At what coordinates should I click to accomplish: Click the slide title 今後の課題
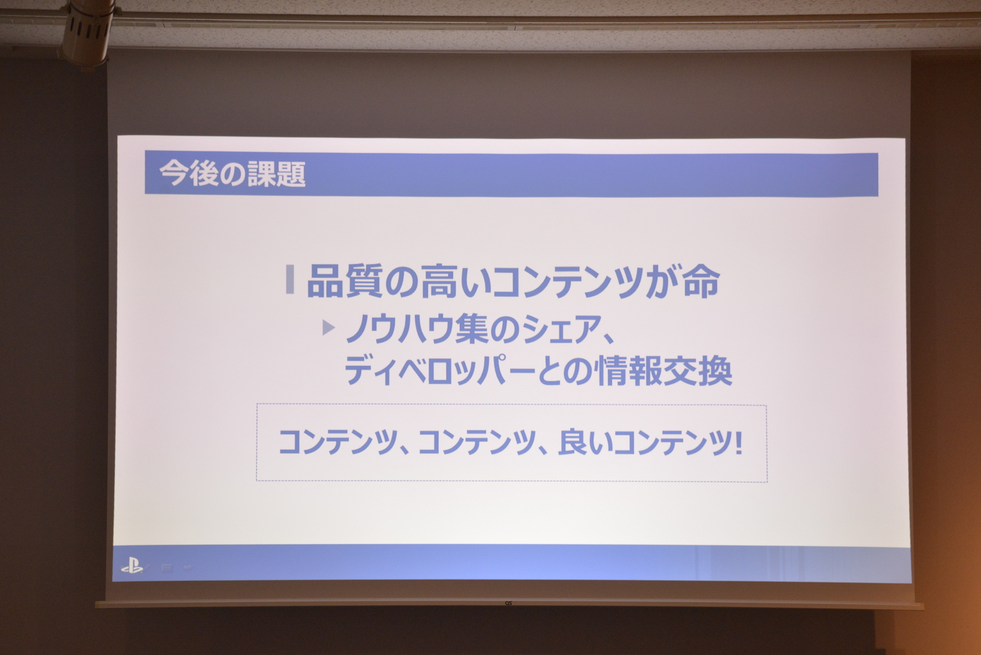tap(232, 174)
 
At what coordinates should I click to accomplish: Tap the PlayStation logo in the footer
tap(132, 565)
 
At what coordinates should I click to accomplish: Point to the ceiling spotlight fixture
tap(86, 33)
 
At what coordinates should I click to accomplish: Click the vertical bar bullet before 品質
tap(289, 279)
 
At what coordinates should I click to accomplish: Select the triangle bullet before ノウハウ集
tap(329, 327)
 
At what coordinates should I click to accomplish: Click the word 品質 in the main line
tap(345, 281)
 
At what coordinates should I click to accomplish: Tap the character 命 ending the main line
tap(701, 281)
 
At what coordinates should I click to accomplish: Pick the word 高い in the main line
tap(456, 281)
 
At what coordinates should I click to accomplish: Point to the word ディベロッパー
tap(440, 370)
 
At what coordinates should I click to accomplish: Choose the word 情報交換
tap(665, 370)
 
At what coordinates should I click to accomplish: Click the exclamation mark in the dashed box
tap(738, 442)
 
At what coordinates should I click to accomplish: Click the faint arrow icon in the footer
tap(188, 567)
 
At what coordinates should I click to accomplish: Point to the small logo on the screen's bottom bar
tap(508, 603)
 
